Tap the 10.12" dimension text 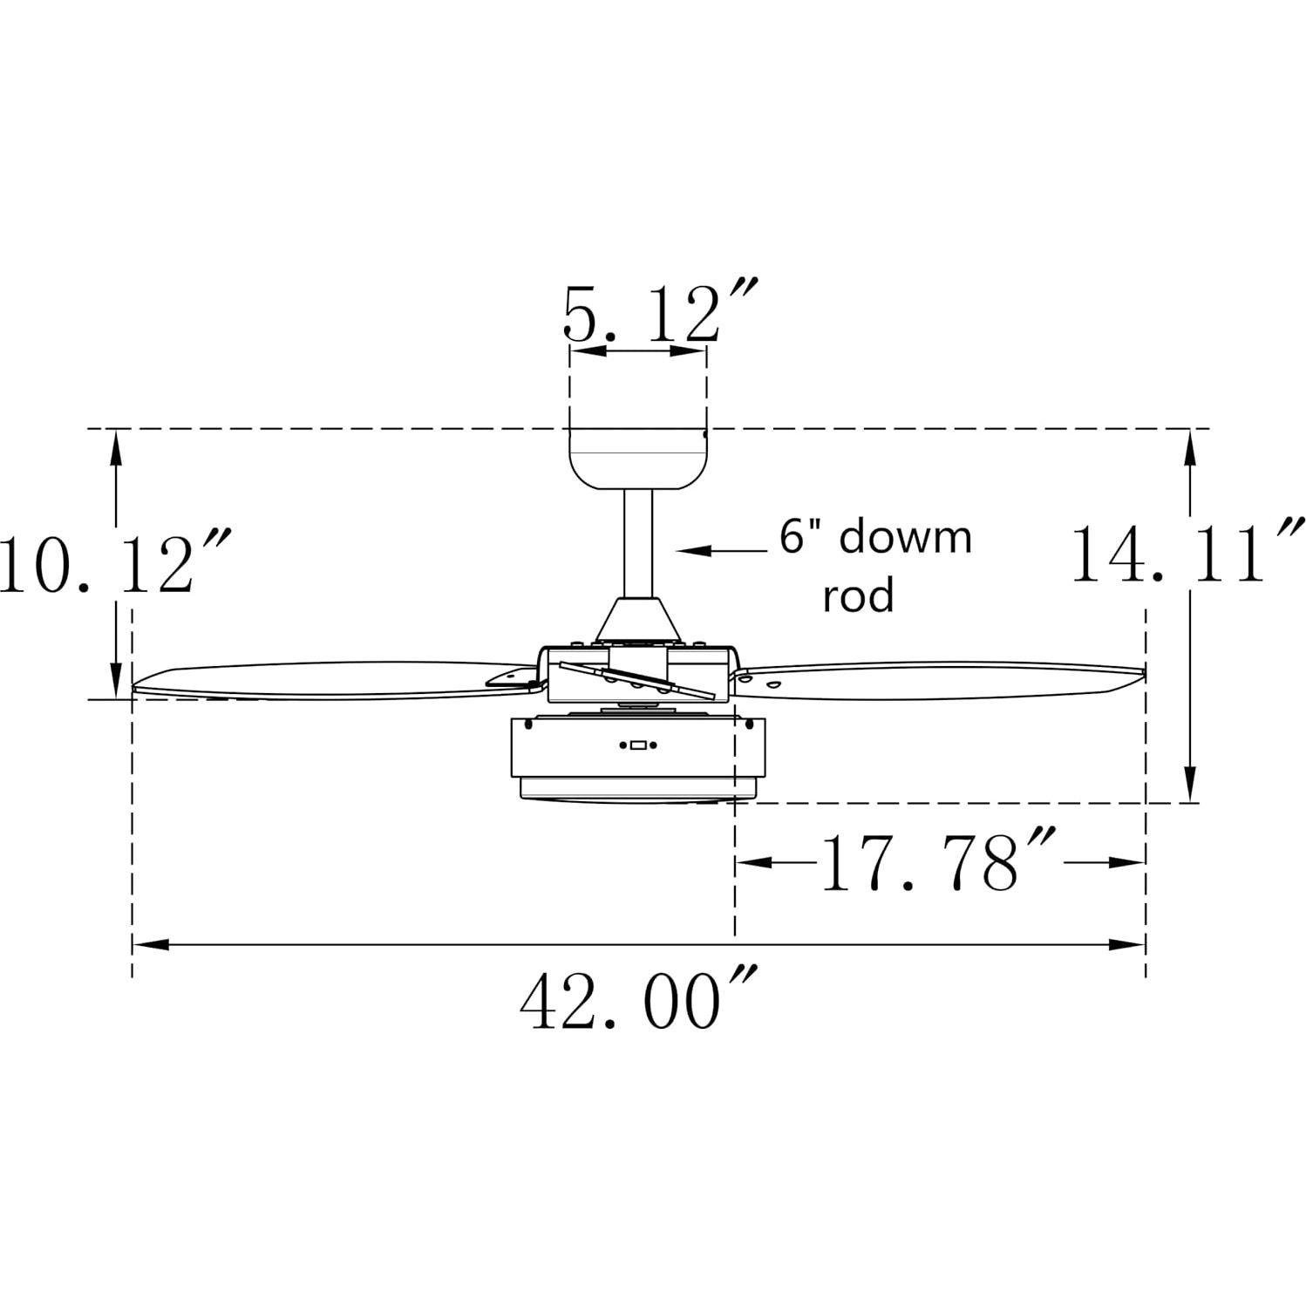coord(113,564)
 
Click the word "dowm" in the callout coord(904,537)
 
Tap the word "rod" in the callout coord(859,596)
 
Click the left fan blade coord(331,683)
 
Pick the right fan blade coord(942,679)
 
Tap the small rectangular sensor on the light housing coord(637,745)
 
